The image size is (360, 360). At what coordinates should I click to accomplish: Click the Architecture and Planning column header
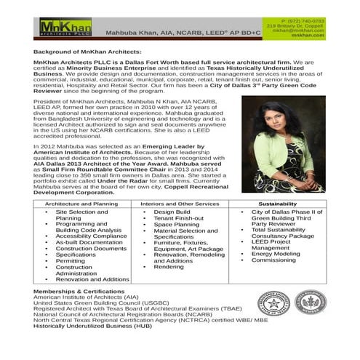(x=80, y=204)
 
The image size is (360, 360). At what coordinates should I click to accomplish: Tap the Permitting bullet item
(x=72, y=260)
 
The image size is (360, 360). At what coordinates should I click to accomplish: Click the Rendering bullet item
(x=168, y=266)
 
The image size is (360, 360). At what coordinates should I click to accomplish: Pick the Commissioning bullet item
(x=273, y=260)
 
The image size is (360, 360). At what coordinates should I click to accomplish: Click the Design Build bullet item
(x=172, y=212)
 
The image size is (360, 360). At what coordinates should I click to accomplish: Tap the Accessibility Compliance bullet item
(x=91, y=236)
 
